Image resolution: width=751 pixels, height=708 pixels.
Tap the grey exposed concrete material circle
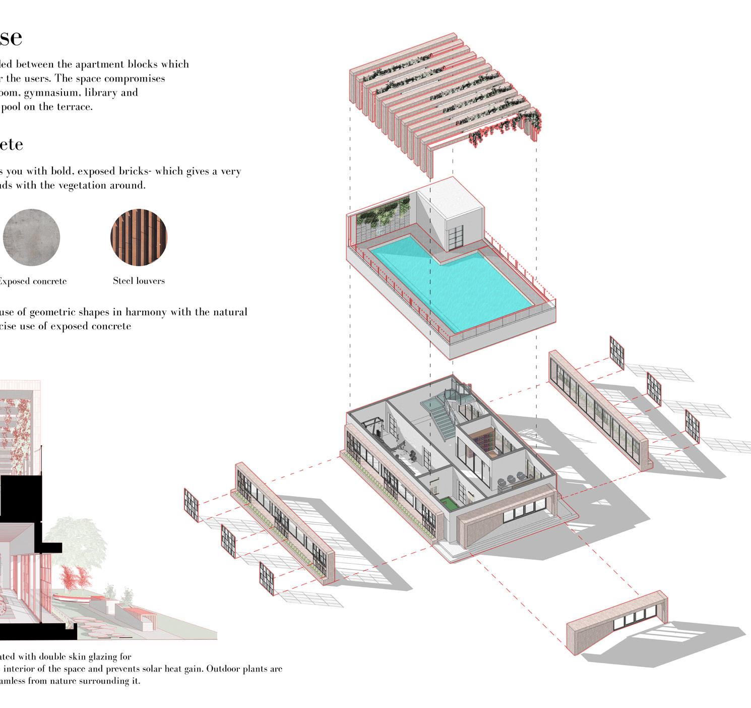[31, 238]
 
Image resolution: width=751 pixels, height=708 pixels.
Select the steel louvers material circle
[139, 238]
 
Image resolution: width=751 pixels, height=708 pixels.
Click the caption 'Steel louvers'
[139, 281]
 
